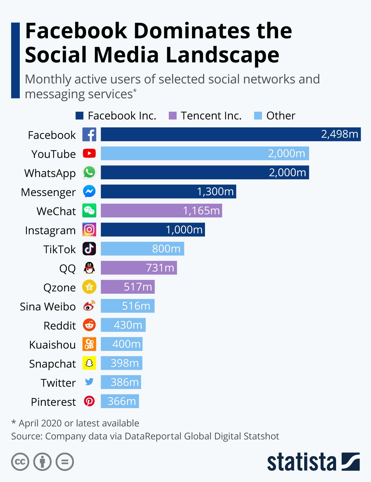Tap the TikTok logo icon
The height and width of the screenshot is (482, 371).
click(x=89, y=249)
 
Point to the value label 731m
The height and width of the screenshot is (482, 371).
click(x=160, y=268)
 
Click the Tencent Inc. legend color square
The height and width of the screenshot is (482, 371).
click(x=173, y=116)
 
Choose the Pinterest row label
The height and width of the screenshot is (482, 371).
click(x=53, y=402)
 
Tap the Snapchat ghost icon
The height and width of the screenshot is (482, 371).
click(x=89, y=363)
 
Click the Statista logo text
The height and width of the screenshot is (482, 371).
click(x=301, y=462)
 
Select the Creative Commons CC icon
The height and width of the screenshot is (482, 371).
click(x=20, y=462)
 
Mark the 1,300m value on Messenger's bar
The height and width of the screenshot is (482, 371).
click(x=215, y=192)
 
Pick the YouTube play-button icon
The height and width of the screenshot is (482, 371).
click(x=89, y=153)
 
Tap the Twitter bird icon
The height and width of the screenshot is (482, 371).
click(x=89, y=382)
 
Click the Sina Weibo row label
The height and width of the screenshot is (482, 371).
click(x=48, y=307)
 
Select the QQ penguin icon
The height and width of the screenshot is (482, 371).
click(x=89, y=268)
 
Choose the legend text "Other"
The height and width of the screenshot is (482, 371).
click(x=281, y=116)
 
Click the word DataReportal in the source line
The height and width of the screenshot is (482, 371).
click(x=153, y=436)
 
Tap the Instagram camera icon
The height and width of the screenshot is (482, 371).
click(x=89, y=230)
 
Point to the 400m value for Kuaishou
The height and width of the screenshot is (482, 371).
click(x=126, y=344)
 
